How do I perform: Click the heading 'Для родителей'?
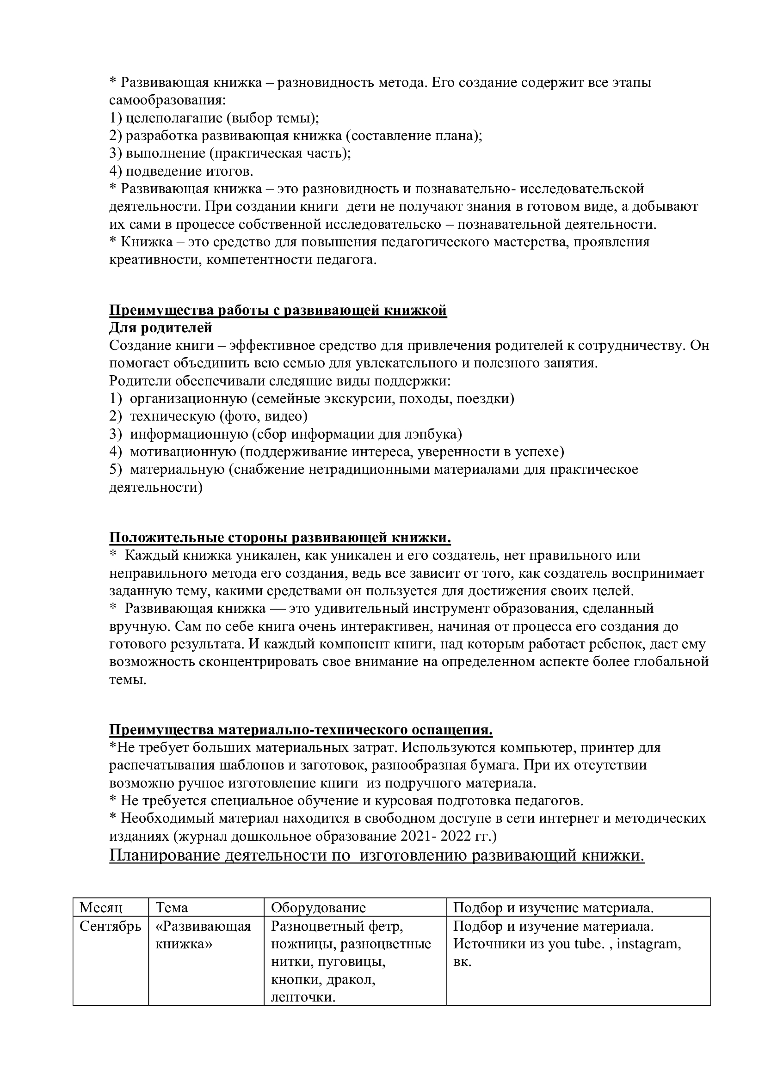point(160,328)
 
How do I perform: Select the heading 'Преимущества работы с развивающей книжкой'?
point(278,310)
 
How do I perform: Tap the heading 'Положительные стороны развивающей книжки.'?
point(280,537)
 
